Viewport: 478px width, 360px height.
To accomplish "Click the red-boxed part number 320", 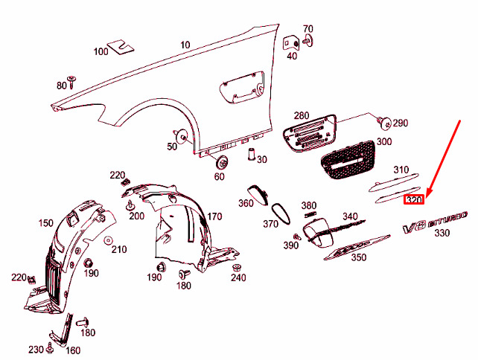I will coord(414,200).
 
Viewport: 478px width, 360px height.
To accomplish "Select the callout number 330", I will coord(442,234).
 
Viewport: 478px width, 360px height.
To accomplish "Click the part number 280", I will coord(301,115).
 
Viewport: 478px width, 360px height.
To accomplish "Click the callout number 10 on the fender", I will coord(185,45).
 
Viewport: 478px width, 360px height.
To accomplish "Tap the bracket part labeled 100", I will coord(121,48).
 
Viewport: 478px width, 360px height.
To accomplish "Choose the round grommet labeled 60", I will coord(220,163).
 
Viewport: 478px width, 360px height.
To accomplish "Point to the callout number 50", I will coord(172,147).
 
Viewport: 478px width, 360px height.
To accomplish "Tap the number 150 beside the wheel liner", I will coord(45,223).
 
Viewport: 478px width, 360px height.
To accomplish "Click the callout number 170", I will coord(214,216).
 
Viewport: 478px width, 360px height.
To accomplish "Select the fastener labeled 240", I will coord(237,267).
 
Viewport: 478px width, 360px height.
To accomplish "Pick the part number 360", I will coord(246,203).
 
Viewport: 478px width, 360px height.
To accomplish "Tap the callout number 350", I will coord(358,258).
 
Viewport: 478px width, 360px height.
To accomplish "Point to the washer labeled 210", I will coord(107,240).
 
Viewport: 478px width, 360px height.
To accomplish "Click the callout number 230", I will coord(36,350).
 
